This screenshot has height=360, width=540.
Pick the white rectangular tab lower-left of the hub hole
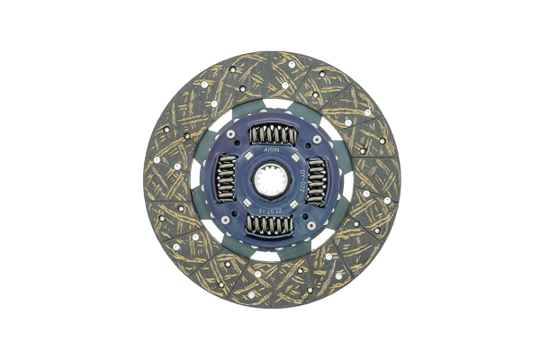click(x=247, y=202)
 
